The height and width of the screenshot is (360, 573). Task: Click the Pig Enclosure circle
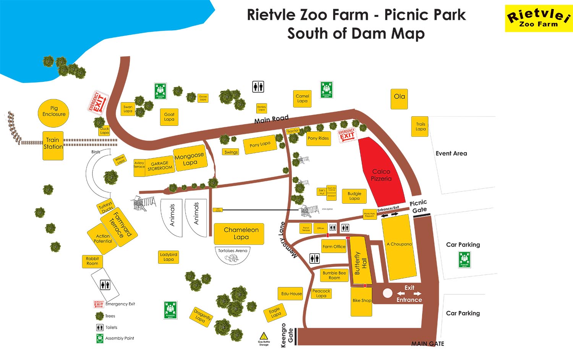click(54, 111)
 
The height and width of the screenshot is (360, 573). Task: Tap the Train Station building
click(53, 145)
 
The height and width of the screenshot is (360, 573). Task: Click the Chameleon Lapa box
click(239, 234)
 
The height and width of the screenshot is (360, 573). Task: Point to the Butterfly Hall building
click(360, 261)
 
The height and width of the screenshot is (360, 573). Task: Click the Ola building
click(399, 99)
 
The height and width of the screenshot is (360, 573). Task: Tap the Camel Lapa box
click(302, 99)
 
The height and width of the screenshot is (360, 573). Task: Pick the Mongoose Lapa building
click(190, 158)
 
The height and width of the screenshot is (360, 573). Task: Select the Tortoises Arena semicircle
click(233, 255)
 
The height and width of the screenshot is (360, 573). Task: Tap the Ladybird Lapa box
click(168, 257)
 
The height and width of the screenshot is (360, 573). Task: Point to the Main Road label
click(271, 120)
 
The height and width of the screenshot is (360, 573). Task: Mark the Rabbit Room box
click(92, 261)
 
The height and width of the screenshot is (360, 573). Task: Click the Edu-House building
click(291, 294)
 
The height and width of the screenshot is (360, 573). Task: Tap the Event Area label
click(451, 154)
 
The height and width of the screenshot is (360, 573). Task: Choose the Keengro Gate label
click(287, 335)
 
